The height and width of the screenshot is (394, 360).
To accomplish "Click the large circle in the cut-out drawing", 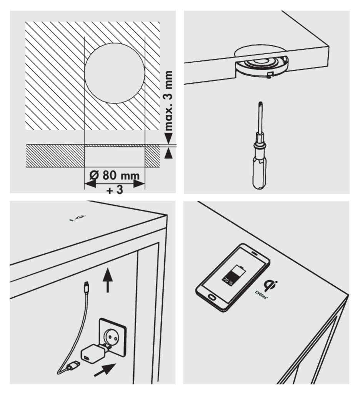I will [x=114, y=73].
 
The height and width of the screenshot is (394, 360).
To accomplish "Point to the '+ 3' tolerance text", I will [x=115, y=190].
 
